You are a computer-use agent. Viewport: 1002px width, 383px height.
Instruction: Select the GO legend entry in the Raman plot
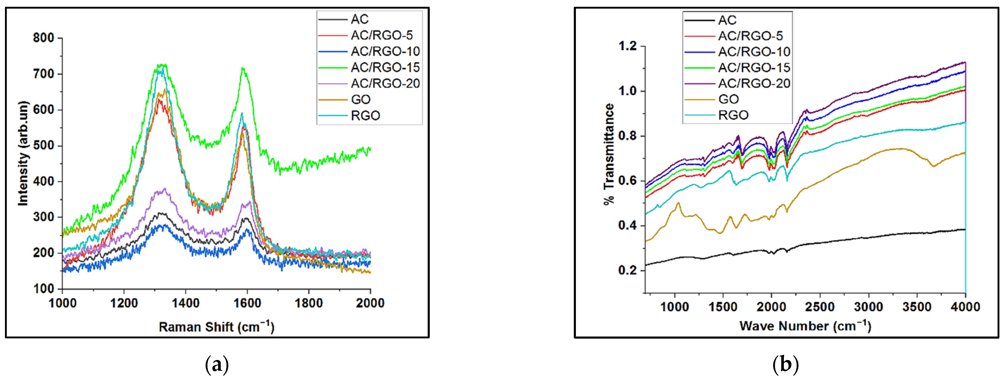click(360, 100)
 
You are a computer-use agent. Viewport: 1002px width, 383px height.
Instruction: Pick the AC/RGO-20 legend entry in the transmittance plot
click(754, 83)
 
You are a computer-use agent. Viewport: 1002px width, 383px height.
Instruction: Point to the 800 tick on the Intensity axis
click(44, 38)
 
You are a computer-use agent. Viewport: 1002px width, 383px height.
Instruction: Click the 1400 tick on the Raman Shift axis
click(186, 303)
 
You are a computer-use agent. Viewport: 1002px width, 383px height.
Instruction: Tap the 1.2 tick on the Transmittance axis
click(627, 46)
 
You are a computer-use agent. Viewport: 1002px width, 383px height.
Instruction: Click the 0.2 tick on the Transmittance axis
click(627, 270)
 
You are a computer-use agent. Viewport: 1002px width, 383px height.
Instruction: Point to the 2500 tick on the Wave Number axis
click(820, 307)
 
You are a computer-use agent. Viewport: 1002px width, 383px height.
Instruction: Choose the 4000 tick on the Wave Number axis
click(965, 307)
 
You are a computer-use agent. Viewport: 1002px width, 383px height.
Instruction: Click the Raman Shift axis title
click(216, 327)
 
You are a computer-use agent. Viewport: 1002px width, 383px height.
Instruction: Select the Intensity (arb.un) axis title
click(23, 153)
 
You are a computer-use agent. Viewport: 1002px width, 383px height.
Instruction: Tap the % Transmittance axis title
click(609, 154)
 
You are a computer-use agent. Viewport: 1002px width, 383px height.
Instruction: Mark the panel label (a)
click(216, 365)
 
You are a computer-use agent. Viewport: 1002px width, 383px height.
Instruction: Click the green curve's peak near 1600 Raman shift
click(243, 68)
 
